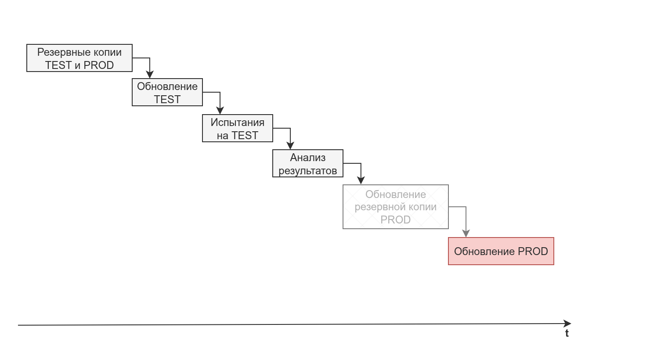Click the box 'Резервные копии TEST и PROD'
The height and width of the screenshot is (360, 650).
(79, 58)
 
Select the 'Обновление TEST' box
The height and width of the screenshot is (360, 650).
(167, 93)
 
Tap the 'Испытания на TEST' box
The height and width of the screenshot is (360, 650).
(237, 128)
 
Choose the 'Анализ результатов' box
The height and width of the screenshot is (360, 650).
(307, 163)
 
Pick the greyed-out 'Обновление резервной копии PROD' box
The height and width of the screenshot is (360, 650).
(395, 207)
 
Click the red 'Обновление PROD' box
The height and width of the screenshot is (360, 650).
(501, 251)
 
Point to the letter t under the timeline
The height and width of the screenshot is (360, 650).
(567, 333)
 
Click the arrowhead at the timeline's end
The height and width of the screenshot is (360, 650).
(567, 324)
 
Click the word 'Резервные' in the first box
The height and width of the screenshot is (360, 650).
(58, 52)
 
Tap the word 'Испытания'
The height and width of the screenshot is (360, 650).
(237, 122)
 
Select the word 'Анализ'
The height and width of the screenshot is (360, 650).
(307, 158)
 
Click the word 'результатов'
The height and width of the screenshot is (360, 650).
(307, 170)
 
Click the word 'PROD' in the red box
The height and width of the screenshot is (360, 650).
(533, 252)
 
